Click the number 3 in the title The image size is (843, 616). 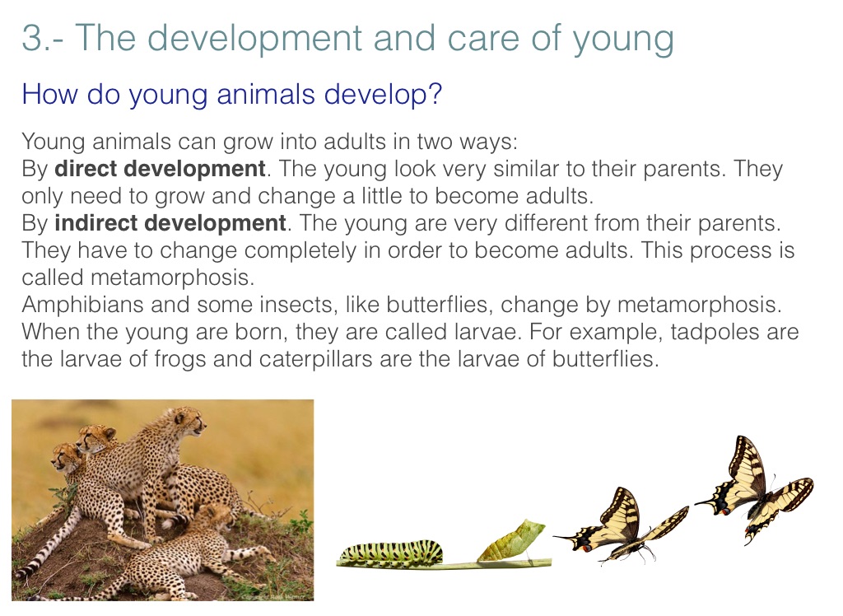32,38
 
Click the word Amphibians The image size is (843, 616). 83,305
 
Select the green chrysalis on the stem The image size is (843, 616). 511,540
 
